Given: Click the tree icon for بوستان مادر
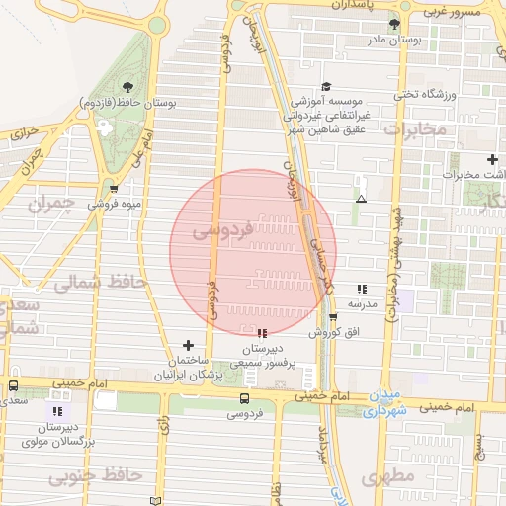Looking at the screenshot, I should [x=395, y=23].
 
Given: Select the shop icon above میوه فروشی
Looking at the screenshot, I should [x=115, y=188].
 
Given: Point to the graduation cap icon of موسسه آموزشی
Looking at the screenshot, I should [x=327, y=86].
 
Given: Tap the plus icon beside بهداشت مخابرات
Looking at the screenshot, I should [x=492, y=159].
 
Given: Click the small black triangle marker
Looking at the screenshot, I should [x=361, y=199].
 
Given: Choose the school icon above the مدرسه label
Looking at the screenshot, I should [x=361, y=289].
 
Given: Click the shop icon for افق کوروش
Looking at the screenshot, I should [x=332, y=317].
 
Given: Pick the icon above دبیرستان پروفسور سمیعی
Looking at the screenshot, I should [x=261, y=333].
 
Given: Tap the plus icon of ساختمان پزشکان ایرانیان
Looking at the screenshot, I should [x=188, y=344].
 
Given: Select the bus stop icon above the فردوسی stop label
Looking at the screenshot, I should [x=244, y=397].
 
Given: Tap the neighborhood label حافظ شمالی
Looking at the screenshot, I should [x=98, y=283].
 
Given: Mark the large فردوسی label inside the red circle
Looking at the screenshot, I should [x=223, y=230].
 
